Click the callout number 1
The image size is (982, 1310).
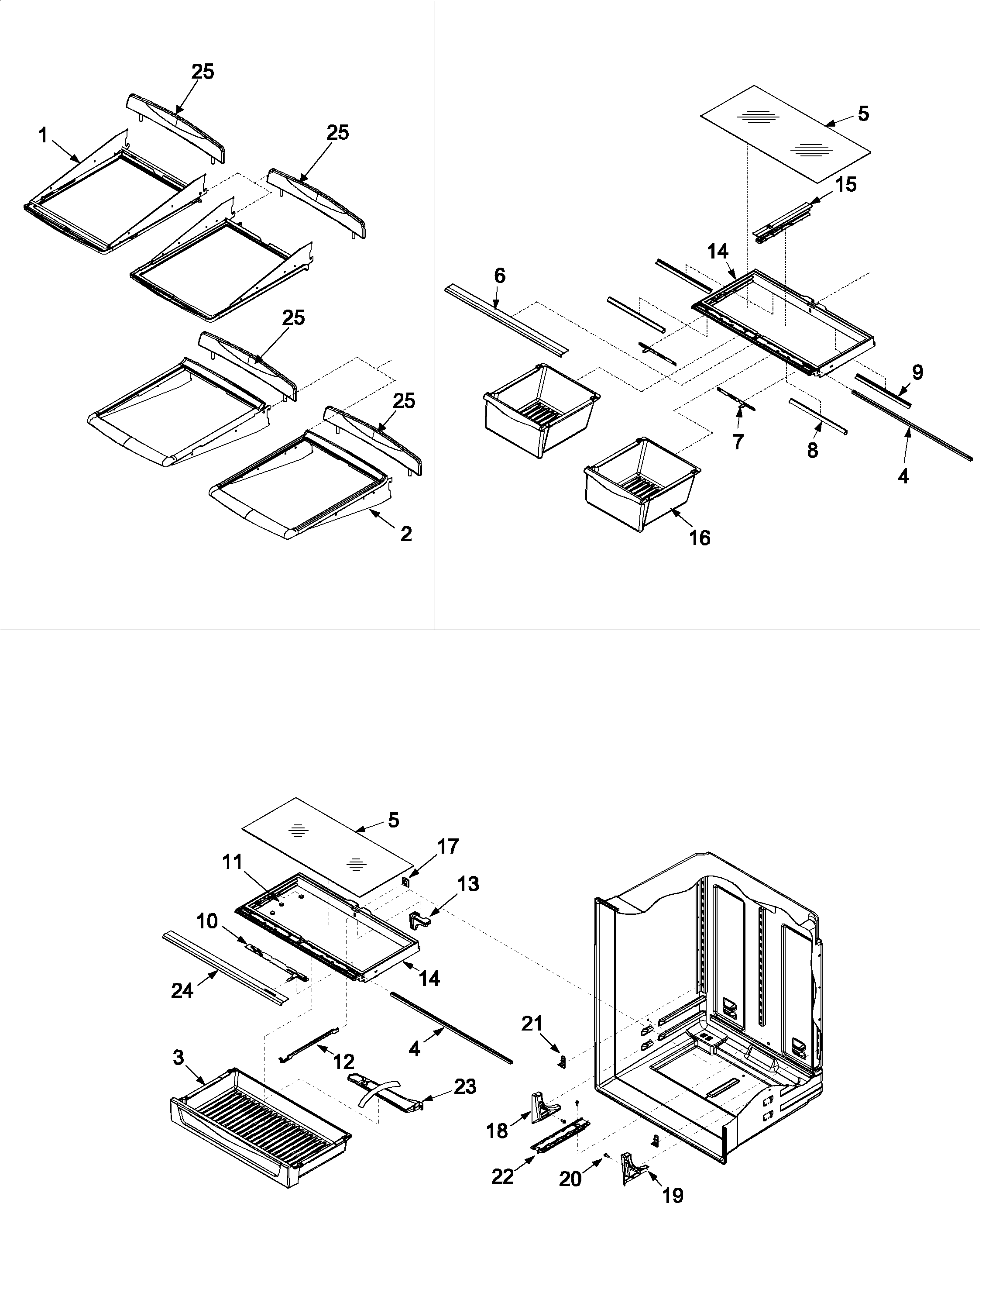[43, 136]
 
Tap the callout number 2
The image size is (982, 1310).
[405, 534]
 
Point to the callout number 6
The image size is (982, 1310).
[500, 276]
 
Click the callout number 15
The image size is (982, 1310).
[846, 185]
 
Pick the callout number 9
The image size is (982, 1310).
[917, 372]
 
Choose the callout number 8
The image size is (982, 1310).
[813, 451]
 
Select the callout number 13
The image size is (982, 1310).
[468, 884]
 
